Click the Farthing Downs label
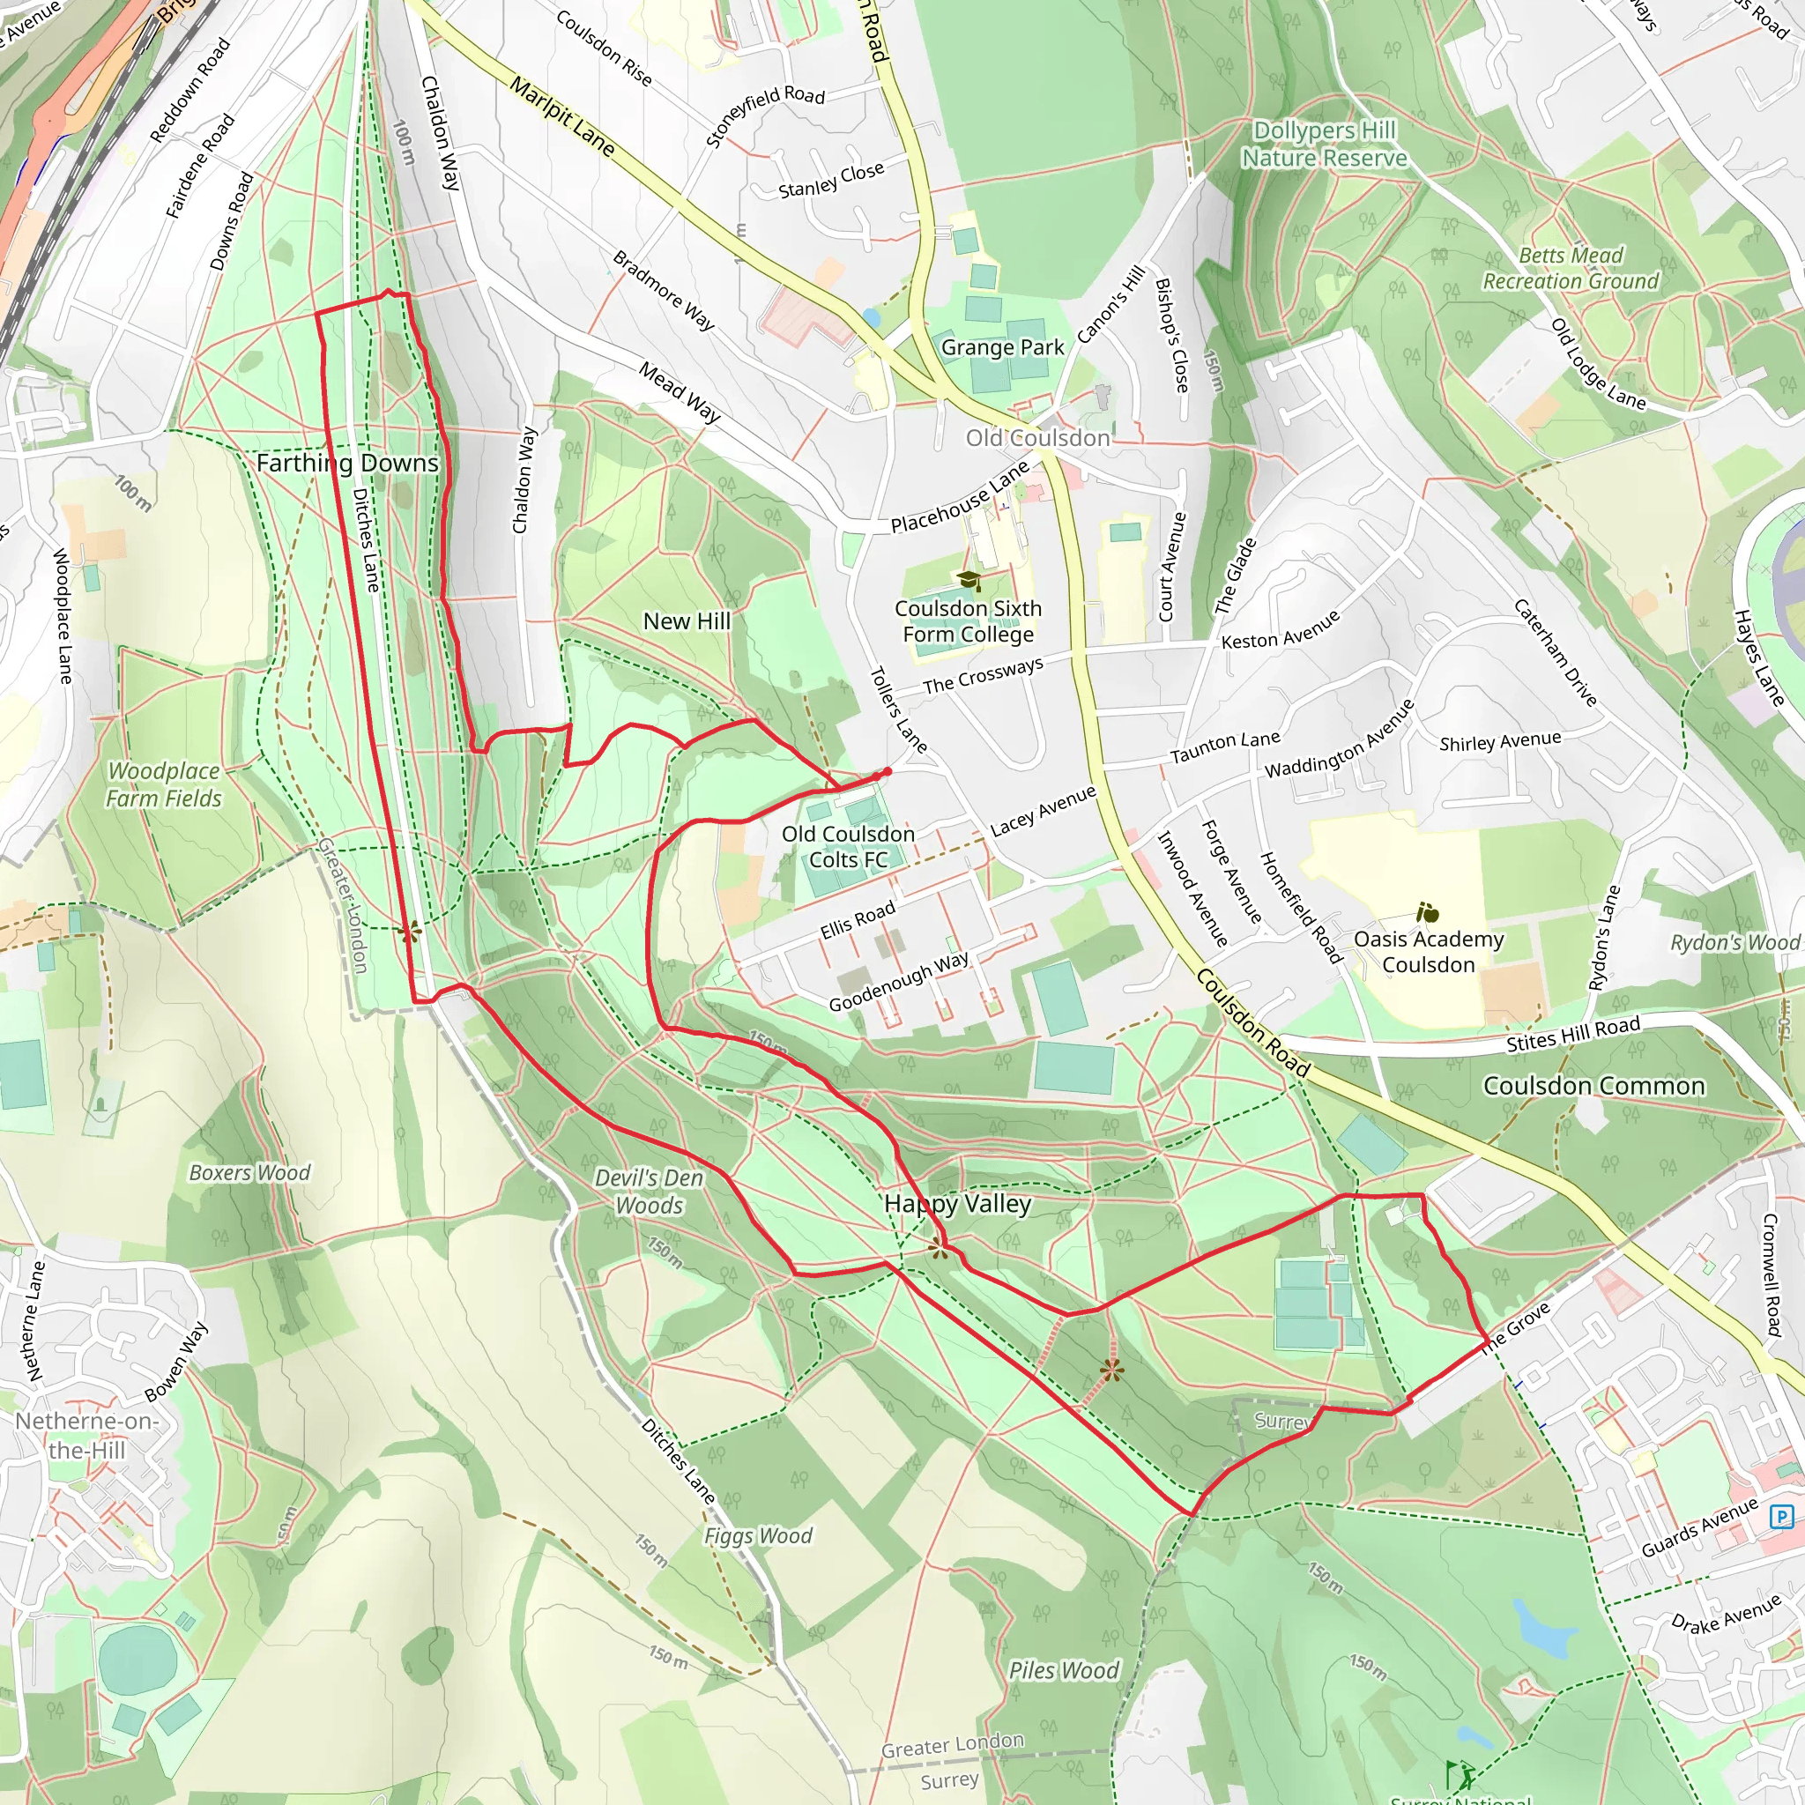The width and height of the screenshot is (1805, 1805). pos(346,464)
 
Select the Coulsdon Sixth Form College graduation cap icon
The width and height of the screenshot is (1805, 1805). pos(969,581)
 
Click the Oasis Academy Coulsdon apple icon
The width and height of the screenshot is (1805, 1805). pos(1428,913)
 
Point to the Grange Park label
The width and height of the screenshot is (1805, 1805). pos(1001,347)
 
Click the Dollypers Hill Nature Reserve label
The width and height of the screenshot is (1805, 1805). pos(1324,145)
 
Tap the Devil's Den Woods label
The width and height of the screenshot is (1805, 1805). pos(649,1192)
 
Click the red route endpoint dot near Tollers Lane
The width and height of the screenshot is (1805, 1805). pos(887,772)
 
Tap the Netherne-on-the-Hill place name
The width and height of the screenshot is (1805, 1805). pos(86,1435)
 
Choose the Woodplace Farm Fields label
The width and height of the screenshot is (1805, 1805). pos(164,784)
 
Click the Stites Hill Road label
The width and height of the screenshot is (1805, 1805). pos(1572,1034)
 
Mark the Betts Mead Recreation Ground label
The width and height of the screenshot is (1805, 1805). pos(1571,268)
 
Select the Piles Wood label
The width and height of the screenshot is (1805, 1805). pos(1063,1670)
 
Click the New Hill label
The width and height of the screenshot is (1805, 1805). pos(687,621)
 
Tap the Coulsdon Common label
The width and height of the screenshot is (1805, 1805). pos(1593,1086)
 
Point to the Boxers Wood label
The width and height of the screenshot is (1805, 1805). pos(249,1172)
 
